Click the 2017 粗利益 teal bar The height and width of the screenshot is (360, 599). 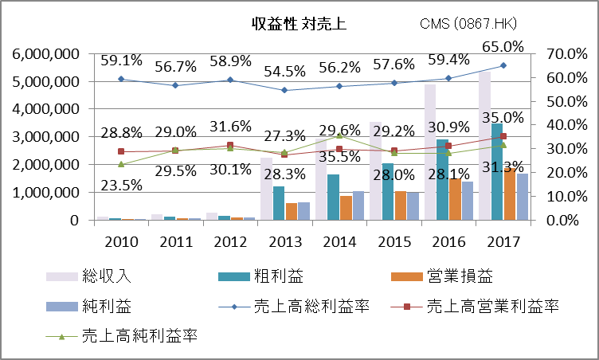tap(497, 171)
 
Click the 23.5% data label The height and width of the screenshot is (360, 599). tap(120, 186)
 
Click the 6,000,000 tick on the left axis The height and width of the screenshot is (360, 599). tap(45, 54)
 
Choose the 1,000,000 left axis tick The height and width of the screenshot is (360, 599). tap(45, 193)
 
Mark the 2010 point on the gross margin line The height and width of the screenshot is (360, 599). tap(120, 79)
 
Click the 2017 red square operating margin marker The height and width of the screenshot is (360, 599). tap(503, 137)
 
